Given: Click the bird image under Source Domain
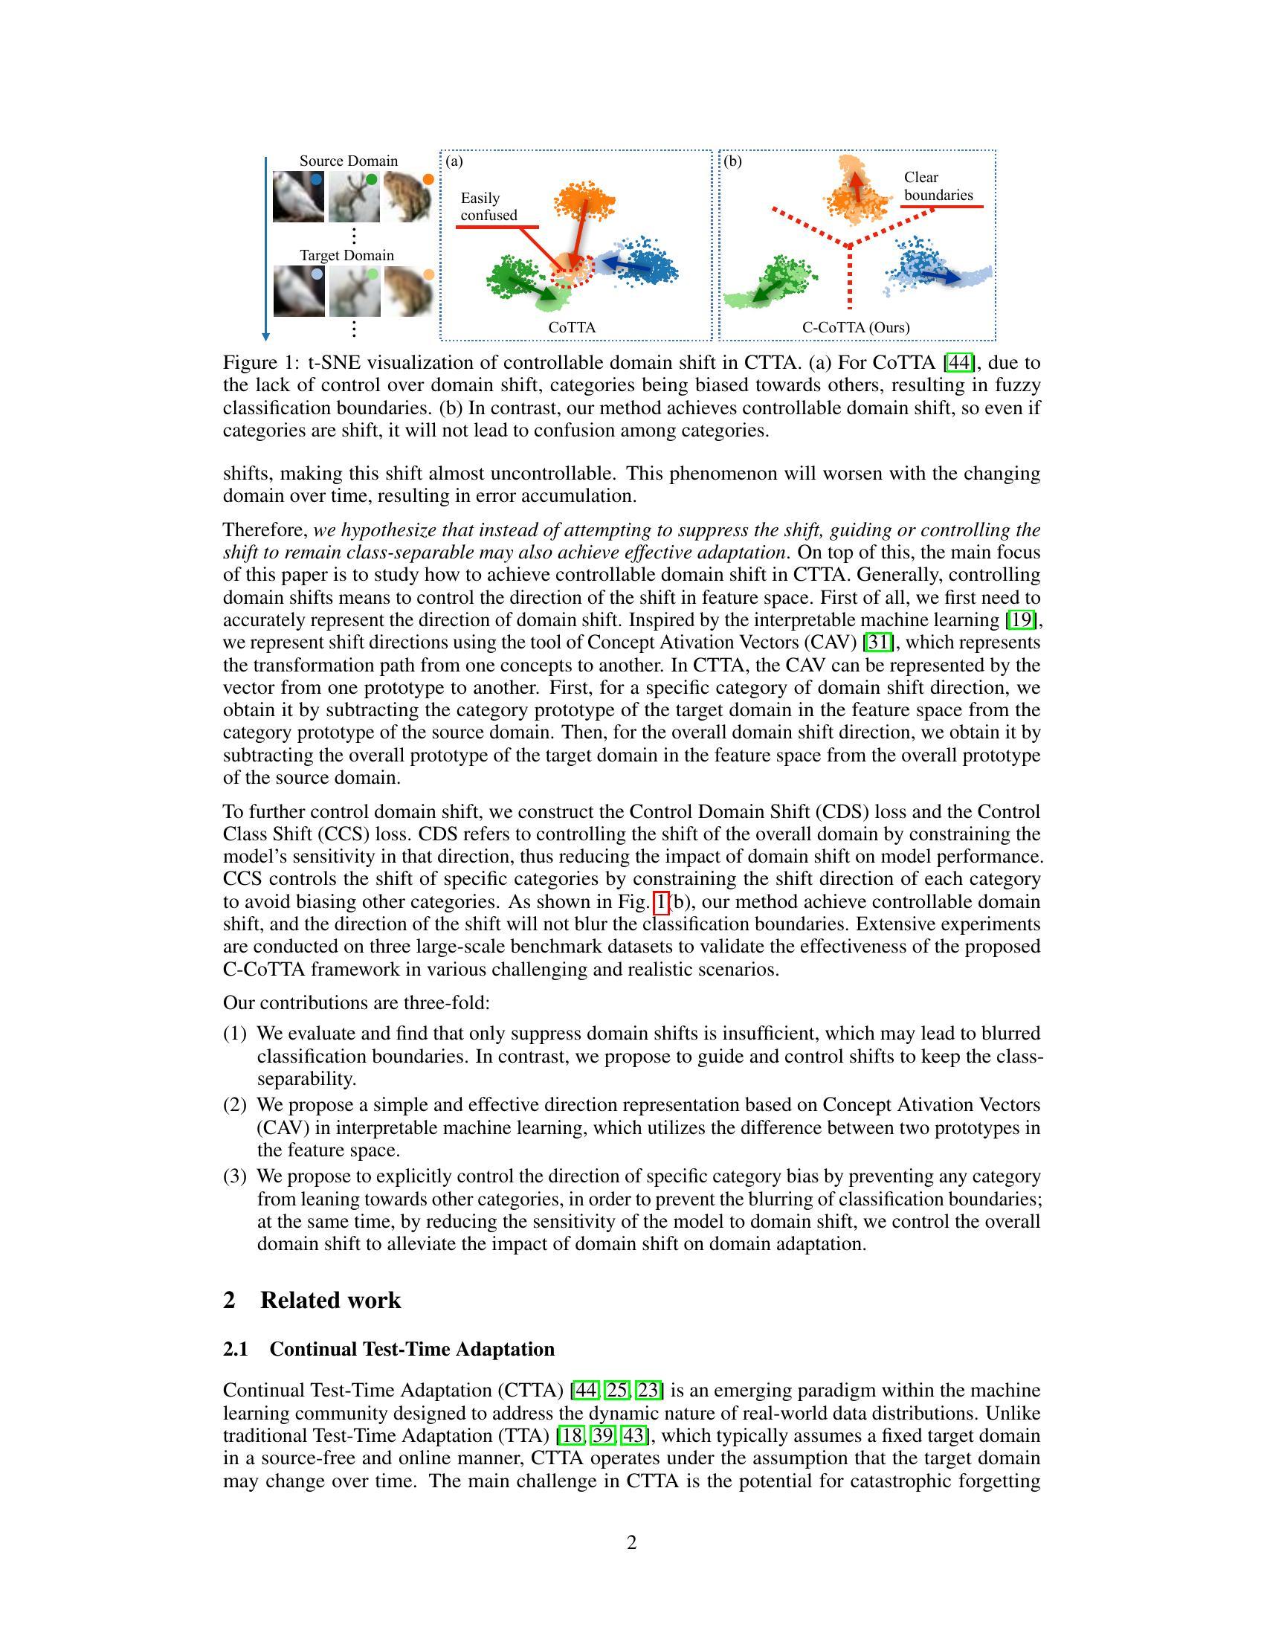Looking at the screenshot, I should [x=297, y=196].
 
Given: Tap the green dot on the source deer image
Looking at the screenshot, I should [x=372, y=180].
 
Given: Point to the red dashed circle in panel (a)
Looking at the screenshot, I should [x=572, y=271].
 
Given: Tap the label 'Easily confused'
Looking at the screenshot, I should [x=489, y=207].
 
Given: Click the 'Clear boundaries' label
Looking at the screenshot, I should [x=938, y=187].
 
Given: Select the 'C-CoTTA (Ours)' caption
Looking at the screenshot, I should [x=856, y=327].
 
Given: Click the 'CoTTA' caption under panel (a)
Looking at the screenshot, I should [x=572, y=327].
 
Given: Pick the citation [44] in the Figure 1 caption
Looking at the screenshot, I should [x=959, y=364].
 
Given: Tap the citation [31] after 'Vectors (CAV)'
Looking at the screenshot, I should [x=877, y=643].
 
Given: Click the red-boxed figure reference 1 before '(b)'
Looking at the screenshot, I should [x=661, y=902].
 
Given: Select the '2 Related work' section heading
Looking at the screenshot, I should [x=312, y=1301].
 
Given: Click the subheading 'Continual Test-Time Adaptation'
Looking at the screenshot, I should [x=412, y=1349].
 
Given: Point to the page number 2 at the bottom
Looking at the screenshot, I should [x=631, y=1542].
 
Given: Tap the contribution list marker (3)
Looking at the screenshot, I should [x=234, y=1177].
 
